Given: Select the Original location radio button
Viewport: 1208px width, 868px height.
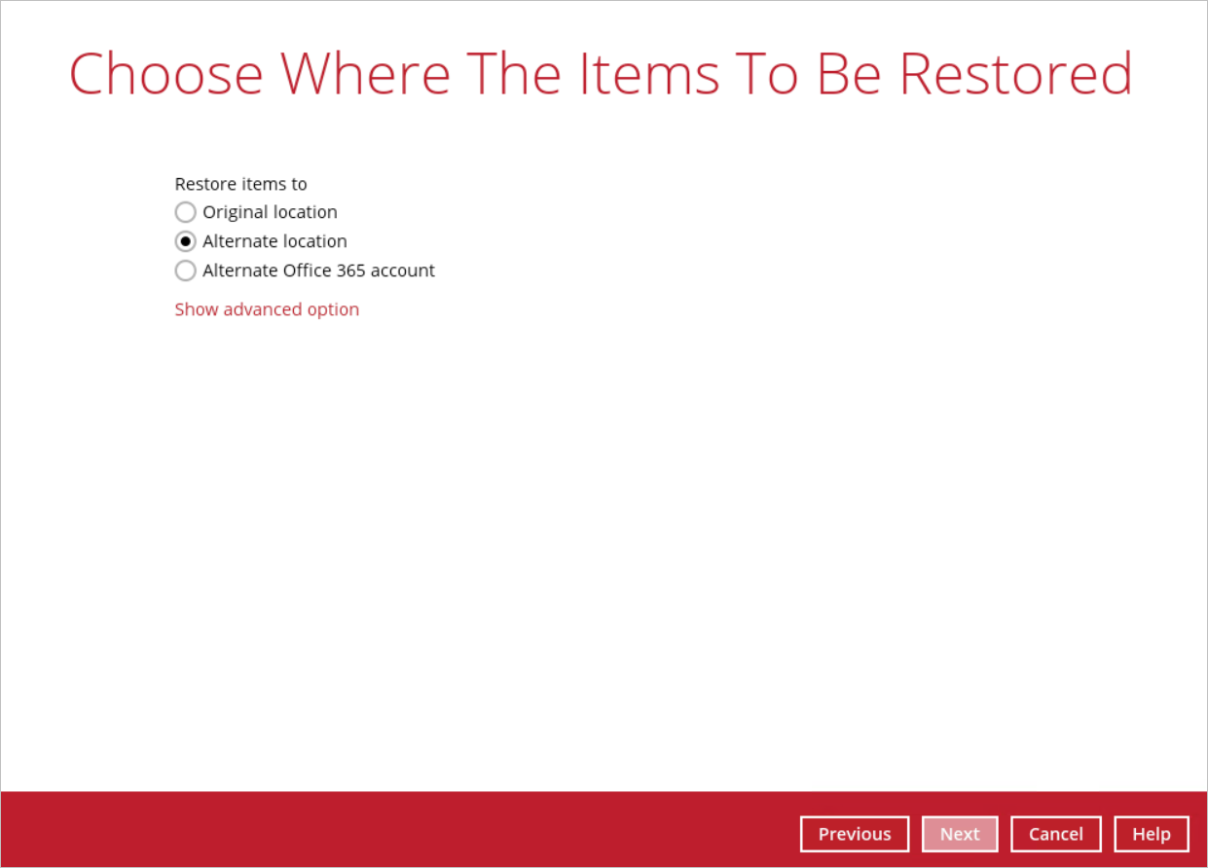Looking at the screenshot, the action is [x=185, y=212].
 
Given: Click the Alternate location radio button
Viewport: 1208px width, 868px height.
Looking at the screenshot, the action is [x=185, y=241].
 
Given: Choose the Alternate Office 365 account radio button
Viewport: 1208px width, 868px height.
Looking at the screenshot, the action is [x=185, y=271].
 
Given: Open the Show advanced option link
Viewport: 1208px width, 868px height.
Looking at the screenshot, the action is [x=267, y=309].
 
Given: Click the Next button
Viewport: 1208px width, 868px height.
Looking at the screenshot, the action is [x=960, y=834].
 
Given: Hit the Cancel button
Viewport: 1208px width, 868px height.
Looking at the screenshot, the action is [x=1055, y=834].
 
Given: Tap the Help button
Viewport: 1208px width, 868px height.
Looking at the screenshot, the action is [x=1152, y=834].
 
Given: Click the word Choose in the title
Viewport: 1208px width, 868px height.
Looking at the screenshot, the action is [x=166, y=74].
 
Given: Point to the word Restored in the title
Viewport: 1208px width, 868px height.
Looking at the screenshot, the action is [x=1016, y=74].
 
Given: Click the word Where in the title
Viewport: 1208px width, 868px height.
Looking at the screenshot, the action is [x=365, y=74].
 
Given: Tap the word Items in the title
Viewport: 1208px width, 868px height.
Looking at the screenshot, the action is [x=649, y=74].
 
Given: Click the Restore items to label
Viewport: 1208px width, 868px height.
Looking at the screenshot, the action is [x=241, y=184].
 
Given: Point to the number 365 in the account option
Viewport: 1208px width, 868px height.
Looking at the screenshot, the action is [x=351, y=271].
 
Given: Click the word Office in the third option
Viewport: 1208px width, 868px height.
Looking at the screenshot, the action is [x=308, y=271].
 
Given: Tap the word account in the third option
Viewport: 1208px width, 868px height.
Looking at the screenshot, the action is [x=402, y=271].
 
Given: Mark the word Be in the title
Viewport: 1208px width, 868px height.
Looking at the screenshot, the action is [x=850, y=74].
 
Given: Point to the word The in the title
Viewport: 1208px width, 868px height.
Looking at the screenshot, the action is [x=513, y=74].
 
